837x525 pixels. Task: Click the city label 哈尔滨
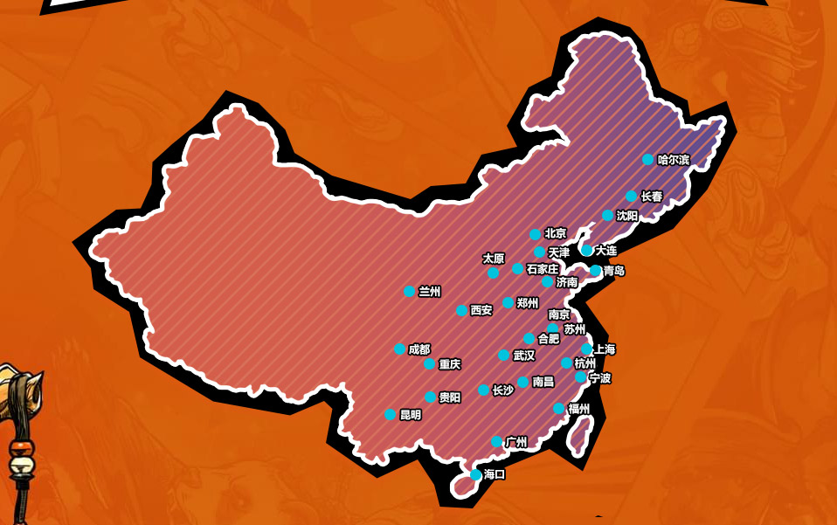click(x=674, y=160)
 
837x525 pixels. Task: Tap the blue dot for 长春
click(x=632, y=197)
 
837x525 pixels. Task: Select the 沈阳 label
click(x=627, y=216)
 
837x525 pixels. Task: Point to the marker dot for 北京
click(x=536, y=234)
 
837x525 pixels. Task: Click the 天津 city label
click(x=559, y=252)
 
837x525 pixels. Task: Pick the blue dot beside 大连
click(x=587, y=250)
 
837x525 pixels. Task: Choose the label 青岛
click(x=614, y=271)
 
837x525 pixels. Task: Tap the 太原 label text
click(x=494, y=259)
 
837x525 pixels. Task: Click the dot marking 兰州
click(x=409, y=292)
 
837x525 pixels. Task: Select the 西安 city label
click(x=481, y=310)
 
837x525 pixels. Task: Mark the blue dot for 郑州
click(x=508, y=303)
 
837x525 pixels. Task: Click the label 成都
click(x=419, y=349)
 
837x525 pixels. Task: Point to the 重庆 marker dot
click(x=429, y=364)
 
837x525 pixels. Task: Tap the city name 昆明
click(x=411, y=415)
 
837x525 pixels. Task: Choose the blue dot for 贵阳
click(x=430, y=397)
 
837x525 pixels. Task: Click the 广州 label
click(x=516, y=442)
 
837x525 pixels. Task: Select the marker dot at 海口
click(x=475, y=475)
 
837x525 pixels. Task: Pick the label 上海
click(x=605, y=349)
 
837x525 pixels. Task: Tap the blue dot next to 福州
click(x=559, y=409)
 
